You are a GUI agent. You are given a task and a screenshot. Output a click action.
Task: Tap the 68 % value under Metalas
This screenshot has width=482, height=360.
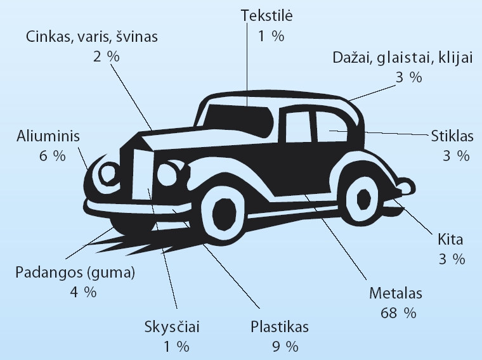398,312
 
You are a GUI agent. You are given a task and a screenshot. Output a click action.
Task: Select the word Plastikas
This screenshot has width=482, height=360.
280,328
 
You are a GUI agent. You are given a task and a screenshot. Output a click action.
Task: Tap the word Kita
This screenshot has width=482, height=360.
451,240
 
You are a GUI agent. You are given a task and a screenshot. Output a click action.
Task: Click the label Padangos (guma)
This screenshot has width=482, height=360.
75,273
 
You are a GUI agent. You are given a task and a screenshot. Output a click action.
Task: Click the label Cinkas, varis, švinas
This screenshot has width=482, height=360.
92,36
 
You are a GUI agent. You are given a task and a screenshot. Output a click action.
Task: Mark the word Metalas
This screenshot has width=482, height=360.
396,294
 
